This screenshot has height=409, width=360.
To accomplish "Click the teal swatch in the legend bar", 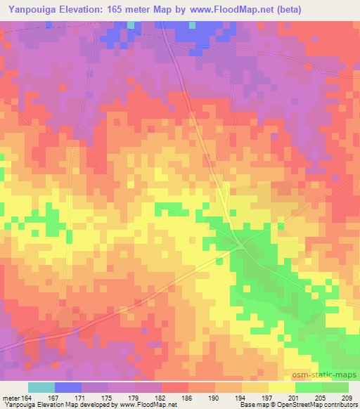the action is pos(41,388).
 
